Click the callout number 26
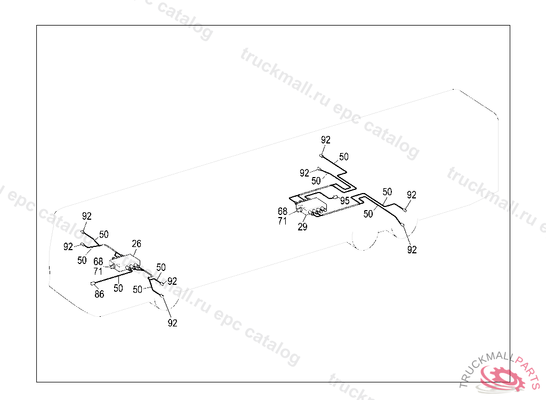tap(136, 244)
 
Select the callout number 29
tap(302, 227)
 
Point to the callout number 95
tap(345, 201)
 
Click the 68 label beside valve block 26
tap(98, 261)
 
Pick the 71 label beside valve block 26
tap(98, 270)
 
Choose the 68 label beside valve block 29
tap(283, 211)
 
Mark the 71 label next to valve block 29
tap(283, 220)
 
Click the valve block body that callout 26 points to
tap(125, 263)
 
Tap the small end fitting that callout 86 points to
tap(93, 283)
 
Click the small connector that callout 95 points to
tap(334, 197)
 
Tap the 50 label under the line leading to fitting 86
tap(118, 288)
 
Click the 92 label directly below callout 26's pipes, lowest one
tap(172, 323)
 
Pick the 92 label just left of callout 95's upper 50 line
tap(304, 173)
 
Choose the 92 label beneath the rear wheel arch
tap(412, 250)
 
